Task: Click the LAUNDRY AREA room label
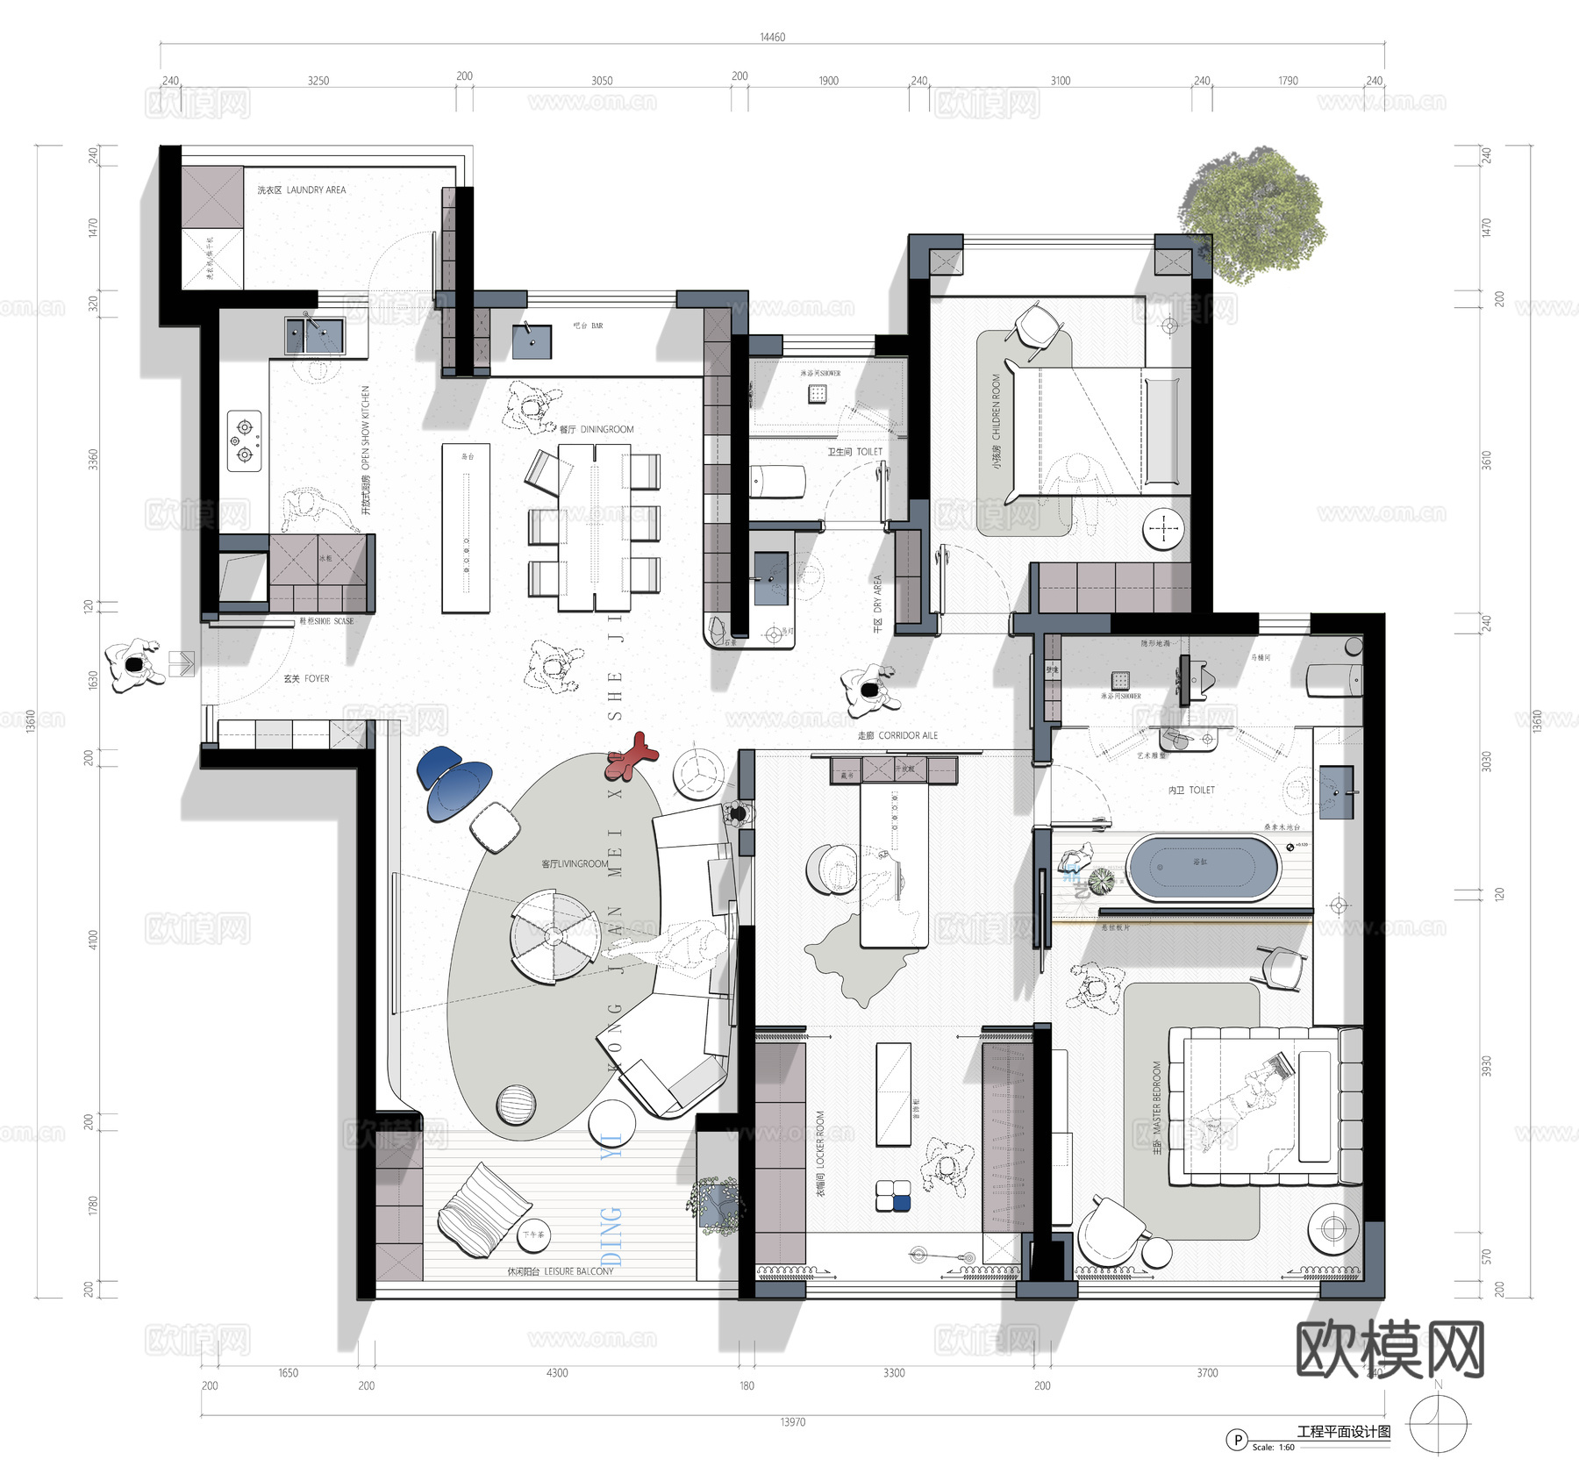[302, 190]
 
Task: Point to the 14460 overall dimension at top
[772, 37]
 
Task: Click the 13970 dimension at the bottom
[792, 1422]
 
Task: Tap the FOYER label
[306, 678]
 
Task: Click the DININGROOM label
[597, 429]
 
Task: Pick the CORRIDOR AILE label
[897, 735]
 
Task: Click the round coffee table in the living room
[554, 936]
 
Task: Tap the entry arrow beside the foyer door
[181, 663]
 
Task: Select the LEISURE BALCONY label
[561, 1271]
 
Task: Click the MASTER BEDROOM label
[1157, 1107]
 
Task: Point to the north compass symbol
[1438, 1424]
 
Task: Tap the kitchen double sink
[315, 335]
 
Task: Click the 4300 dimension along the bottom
[557, 1373]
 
